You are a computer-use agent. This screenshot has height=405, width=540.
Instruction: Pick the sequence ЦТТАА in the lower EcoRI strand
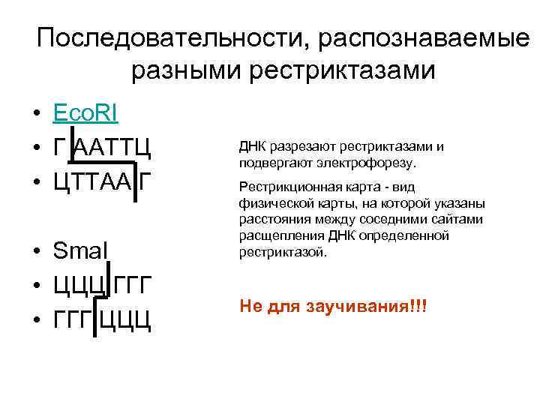point(91,182)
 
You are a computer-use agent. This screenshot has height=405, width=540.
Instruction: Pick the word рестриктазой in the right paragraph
point(282,253)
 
